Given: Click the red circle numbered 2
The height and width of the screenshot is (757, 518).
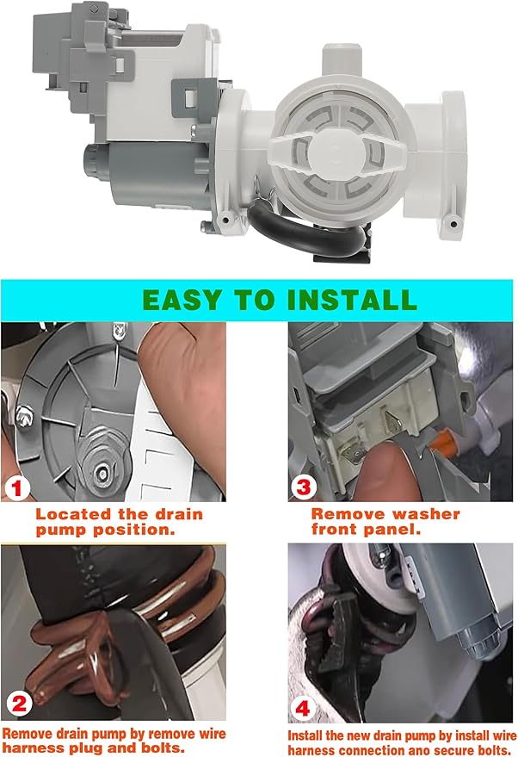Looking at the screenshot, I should click(19, 704).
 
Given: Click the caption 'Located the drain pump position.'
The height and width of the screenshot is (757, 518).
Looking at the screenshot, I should click(119, 522).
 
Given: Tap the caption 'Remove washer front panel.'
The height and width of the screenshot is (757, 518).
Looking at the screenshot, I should click(385, 522).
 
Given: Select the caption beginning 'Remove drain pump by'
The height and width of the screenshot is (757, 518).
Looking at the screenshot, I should click(114, 740).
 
